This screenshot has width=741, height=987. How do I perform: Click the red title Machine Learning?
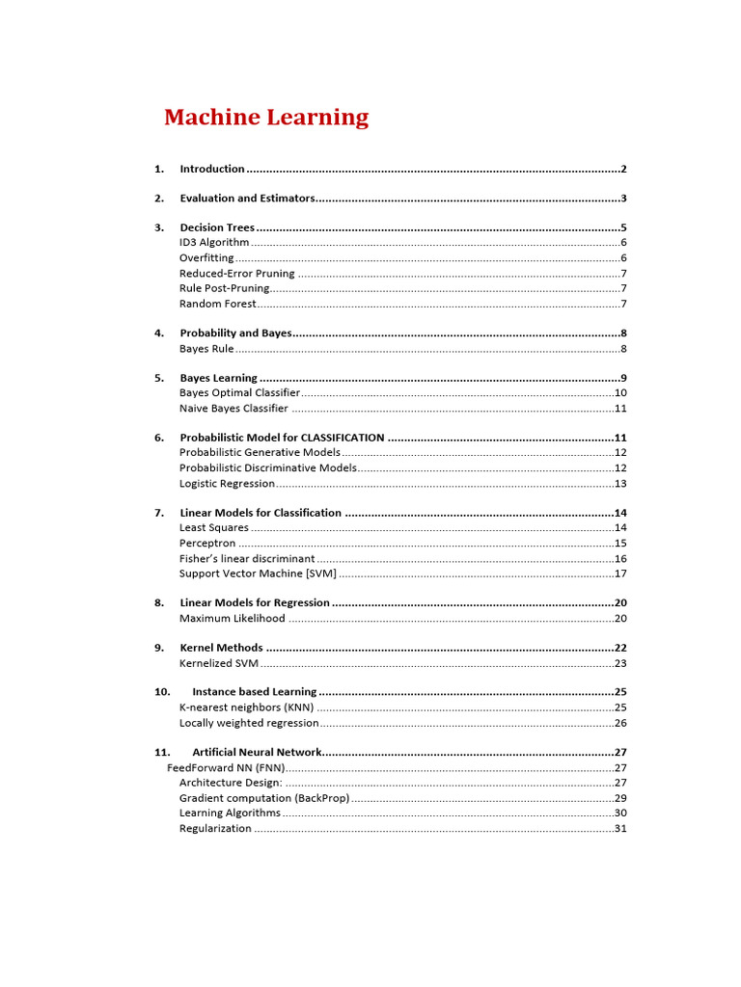tap(266, 118)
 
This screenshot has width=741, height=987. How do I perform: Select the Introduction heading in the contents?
tap(212, 169)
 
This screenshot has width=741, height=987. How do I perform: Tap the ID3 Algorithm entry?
tap(214, 243)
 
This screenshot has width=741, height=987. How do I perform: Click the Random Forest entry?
tap(218, 304)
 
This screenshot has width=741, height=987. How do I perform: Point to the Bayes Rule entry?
tap(206, 348)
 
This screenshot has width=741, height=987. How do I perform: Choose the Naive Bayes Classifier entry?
tap(233, 408)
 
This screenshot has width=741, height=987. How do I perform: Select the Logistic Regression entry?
tap(227, 483)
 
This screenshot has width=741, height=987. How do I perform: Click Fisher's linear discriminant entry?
tap(247, 558)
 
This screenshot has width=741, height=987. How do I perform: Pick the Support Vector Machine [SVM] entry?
tap(258, 574)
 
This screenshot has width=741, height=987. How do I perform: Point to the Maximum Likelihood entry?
tap(233, 618)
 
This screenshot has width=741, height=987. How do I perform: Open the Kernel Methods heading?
tap(221, 648)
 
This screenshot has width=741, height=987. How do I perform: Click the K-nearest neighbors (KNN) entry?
tap(246, 707)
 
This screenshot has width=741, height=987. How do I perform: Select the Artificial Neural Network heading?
tap(256, 752)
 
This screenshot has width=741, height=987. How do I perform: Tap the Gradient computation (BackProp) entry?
tap(263, 798)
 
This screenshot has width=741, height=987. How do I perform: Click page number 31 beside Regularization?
tap(620, 828)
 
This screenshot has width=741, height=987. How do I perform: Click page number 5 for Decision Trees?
tap(623, 228)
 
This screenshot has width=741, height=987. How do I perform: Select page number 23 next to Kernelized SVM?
tap(620, 663)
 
